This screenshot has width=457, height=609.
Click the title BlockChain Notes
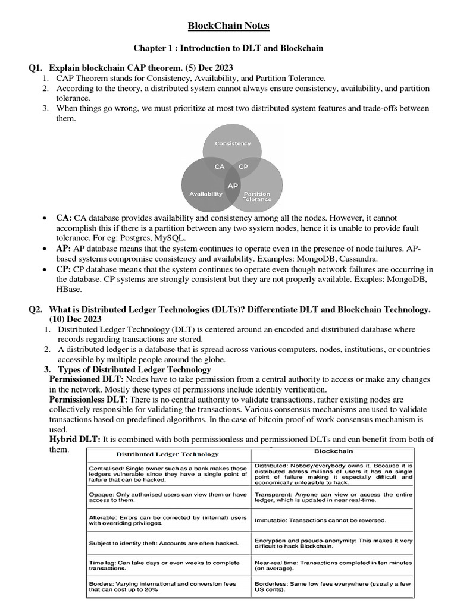point(228,26)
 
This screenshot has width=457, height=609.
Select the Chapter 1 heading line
point(228,48)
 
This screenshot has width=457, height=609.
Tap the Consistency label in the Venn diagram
point(233,143)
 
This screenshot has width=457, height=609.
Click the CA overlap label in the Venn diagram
point(220,167)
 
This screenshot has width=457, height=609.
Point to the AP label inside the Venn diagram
point(233,186)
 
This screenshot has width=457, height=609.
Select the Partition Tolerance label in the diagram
point(256,197)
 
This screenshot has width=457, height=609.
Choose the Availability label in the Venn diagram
point(205,194)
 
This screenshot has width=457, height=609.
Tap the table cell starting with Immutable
point(321,520)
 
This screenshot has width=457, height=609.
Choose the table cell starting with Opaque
point(164,498)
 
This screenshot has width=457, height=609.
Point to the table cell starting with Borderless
point(333,587)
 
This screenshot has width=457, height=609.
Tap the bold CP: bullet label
point(64,269)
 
